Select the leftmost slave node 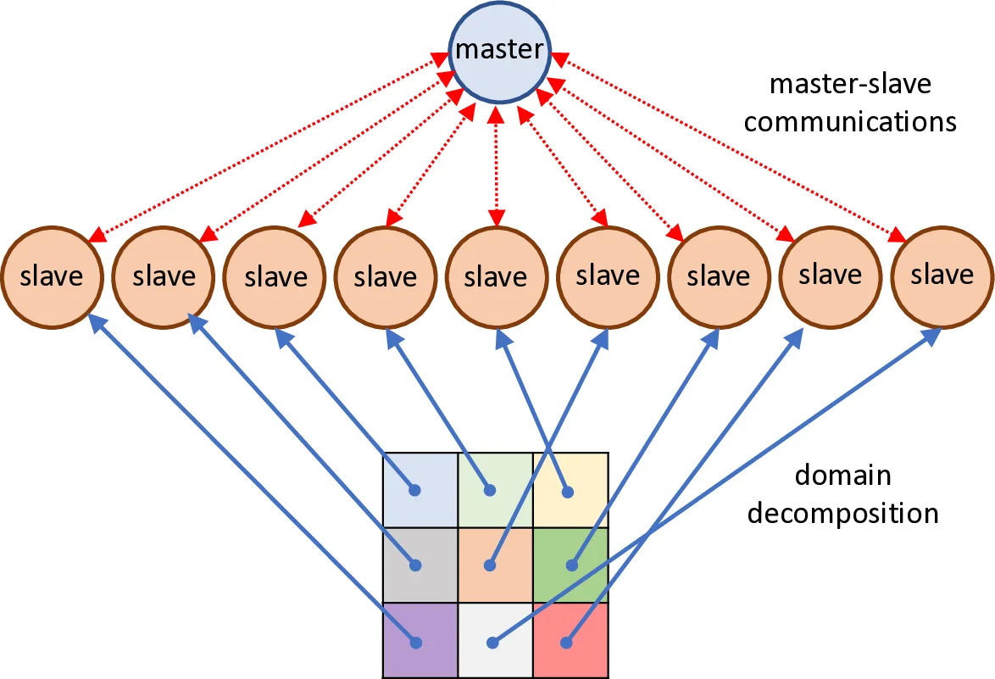click(x=52, y=276)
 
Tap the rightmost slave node click(x=942, y=275)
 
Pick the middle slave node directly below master click(x=497, y=276)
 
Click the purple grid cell click(x=420, y=640)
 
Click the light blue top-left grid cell click(x=420, y=490)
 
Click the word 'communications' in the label click(x=849, y=121)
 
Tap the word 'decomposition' click(x=842, y=513)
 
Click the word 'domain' click(x=842, y=475)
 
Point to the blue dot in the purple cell click(x=415, y=642)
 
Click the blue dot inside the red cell click(x=566, y=642)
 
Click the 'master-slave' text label click(x=849, y=84)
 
